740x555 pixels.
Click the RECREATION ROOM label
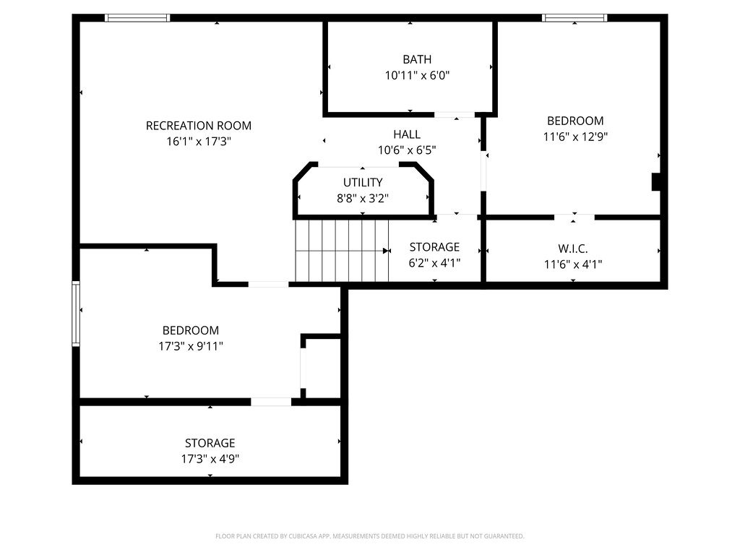(x=199, y=126)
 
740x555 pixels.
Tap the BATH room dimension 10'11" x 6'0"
(x=418, y=74)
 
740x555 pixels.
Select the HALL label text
(x=407, y=134)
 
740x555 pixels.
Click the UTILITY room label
(x=363, y=182)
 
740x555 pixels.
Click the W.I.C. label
(x=573, y=249)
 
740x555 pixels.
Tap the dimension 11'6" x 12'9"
(x=575, y=137)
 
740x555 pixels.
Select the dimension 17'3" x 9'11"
(x=191, y=346)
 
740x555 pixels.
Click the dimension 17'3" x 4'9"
(x=210, y=458)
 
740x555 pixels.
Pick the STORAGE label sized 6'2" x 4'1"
(x=434, y=247)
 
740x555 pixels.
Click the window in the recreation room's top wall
(x=137, y=18)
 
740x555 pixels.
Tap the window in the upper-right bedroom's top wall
(x=575, y=18)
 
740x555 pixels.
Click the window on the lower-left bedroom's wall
(x=75, y=314)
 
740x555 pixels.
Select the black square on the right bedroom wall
(x=656, y=181)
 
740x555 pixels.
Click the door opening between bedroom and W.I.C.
(x=575, y=217)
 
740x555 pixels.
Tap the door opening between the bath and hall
(x=454, y=114)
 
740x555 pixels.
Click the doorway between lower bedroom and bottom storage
(x=271, y=402)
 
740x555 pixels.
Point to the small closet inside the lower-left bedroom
(x=322, y=367)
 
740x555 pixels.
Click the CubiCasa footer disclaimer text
(x=369, y=536)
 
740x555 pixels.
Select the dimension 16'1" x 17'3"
(x=199, y=142)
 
